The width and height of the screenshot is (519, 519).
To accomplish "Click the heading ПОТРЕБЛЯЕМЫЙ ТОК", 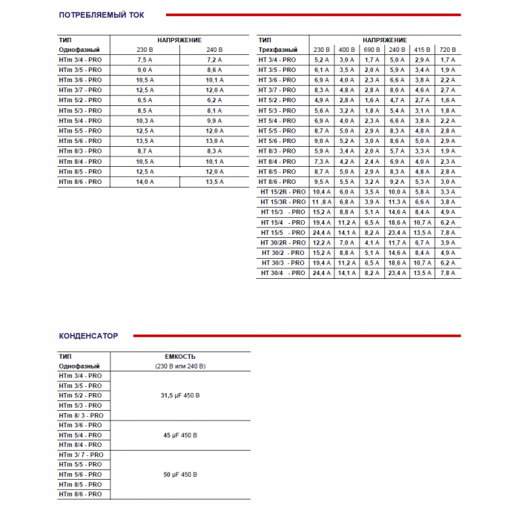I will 102,14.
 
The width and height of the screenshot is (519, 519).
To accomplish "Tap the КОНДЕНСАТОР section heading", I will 88,336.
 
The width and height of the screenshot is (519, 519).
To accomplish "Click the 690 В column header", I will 371,50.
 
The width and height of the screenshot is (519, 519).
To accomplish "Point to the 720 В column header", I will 447,50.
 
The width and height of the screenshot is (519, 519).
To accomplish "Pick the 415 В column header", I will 422,50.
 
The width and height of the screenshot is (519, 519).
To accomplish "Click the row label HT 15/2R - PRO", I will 283,192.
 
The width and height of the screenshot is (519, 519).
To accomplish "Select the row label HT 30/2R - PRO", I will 283,242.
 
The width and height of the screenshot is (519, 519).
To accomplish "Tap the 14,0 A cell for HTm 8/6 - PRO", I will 145,182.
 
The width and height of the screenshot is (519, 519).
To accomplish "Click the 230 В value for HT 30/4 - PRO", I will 321,273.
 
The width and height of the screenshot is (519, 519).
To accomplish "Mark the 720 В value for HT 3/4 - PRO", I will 447,60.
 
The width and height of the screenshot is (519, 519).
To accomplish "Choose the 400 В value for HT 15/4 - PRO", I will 346,222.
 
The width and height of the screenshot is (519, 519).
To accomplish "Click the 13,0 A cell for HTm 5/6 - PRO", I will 214,141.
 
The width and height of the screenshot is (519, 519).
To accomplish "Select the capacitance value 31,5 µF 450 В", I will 179,396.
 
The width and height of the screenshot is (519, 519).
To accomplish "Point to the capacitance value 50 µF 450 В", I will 179,475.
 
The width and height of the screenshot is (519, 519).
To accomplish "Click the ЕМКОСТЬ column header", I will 179,357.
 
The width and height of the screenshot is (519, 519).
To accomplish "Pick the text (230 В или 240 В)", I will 179,366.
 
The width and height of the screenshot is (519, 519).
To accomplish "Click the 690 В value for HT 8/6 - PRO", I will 371,182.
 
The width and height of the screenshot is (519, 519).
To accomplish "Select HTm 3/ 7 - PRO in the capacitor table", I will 81,454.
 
